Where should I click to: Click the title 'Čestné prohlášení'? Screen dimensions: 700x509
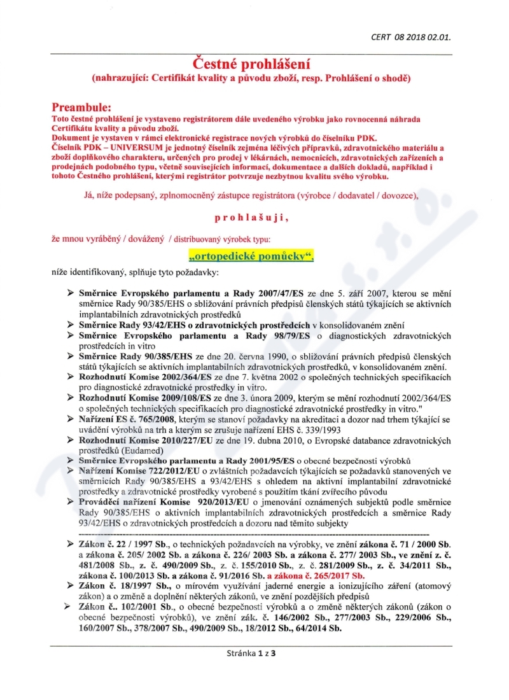(254, 65)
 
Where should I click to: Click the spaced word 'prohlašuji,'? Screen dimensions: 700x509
(251, 218)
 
